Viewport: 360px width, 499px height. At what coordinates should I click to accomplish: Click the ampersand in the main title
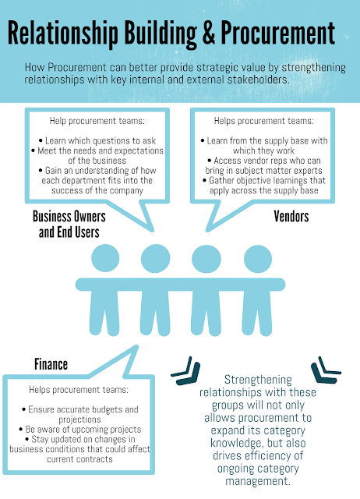point(208,33)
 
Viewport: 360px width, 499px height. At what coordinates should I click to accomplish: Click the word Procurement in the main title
point(277,33)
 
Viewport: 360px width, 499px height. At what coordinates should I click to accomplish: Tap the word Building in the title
point(161,34)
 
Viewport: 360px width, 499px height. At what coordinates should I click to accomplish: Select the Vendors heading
point(291,217)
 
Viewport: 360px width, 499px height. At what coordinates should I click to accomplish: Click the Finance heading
point(51,364)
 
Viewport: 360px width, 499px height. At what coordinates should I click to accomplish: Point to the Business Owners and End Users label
point(69,224)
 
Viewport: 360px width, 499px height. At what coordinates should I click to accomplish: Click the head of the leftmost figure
point(105,258)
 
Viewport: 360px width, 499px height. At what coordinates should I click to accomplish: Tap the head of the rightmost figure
point(258,258)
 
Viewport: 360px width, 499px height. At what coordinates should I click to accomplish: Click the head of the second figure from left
point(156,258)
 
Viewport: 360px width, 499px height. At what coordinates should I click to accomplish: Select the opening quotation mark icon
point(186,371)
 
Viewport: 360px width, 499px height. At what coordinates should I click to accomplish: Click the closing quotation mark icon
point(325,370)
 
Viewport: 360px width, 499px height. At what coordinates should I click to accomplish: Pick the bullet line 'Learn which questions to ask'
point(97,140)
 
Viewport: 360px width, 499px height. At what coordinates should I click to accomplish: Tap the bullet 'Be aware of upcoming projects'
point(80,430)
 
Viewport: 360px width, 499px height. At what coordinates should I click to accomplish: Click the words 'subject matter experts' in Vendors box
point(279,171)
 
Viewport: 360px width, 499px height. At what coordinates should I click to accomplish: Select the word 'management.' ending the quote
point(258,480)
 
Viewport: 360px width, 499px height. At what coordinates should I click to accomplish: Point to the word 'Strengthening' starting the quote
point(258,380)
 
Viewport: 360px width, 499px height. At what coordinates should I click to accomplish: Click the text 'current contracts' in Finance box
point(79,459)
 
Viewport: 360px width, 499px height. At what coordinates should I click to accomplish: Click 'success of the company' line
point(97,190)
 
